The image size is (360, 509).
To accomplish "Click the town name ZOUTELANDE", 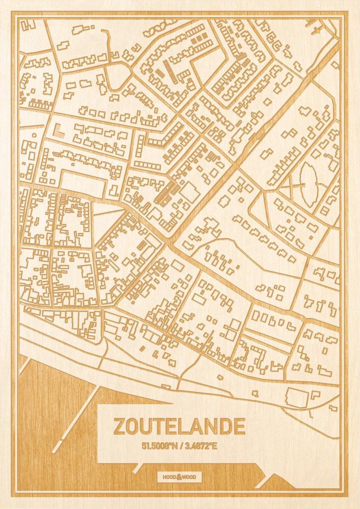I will tap(179, 427).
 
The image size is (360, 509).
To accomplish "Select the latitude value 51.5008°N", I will tap(160, 446).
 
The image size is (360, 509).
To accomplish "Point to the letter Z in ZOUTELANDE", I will tap(119, 427).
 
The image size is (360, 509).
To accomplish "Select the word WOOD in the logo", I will tap(190, 477).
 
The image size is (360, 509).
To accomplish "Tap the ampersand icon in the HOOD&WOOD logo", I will tap(180, 477).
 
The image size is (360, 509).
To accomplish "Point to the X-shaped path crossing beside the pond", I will tap(292, 185).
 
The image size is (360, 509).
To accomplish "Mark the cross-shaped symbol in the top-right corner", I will tap(316, 30).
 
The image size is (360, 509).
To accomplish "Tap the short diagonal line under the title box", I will tap(137, 467).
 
